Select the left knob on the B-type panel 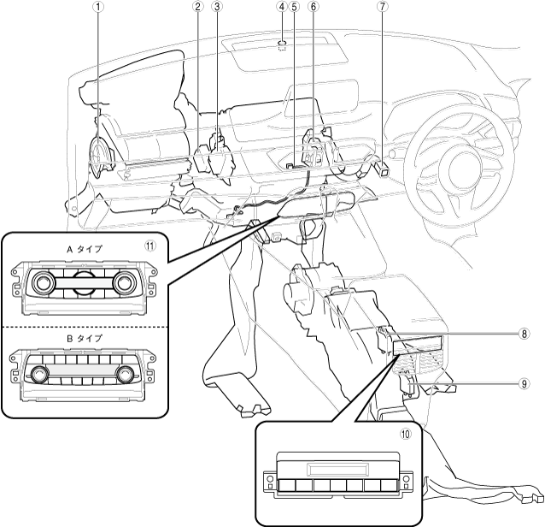pyautogui.click(x=40, y=373)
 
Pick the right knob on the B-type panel pyautogui.click(x=126, y=373)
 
